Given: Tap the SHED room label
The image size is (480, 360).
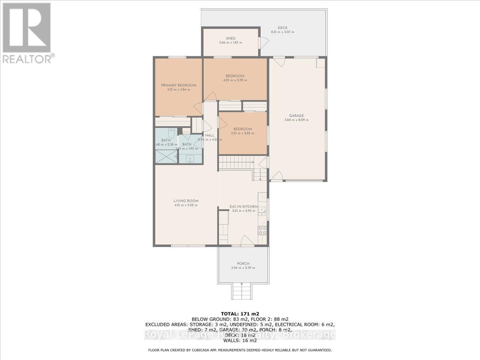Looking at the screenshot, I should (230, 38).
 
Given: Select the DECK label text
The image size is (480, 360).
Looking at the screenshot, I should (282, 28).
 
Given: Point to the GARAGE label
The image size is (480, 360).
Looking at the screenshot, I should (296, 116).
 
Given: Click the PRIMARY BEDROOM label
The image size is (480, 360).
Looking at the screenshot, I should (178, 85).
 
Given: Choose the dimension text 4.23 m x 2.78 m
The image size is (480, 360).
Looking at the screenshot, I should (235, 80).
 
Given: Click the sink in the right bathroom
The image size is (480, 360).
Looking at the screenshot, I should (190, 158).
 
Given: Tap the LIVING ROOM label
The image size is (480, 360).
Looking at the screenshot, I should (186, 201).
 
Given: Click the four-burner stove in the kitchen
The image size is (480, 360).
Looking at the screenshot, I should (262, 230).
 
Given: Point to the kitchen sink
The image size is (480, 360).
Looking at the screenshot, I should (262, 210).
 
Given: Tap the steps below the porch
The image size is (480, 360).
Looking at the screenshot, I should (242, 290).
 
